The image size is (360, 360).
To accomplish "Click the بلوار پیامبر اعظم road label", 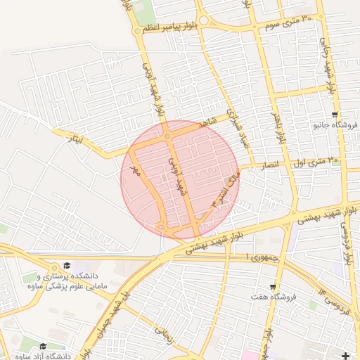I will (x=169, y=29).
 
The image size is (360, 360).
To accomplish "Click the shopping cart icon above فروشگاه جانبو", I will (x=335, y=114).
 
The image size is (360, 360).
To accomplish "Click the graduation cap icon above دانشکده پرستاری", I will (x=67, y=265).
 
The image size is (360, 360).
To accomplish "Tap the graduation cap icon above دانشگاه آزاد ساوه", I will (x=44, y=346).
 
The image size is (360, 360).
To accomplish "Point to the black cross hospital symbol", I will (x=345, y=356).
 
